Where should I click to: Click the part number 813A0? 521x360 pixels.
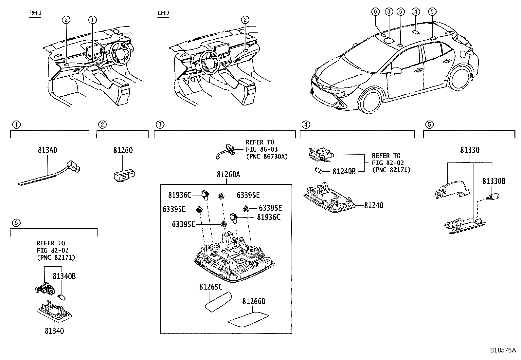click(47, 150)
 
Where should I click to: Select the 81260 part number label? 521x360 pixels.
click(123, 150)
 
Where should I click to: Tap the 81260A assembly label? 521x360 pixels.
click(228, 175)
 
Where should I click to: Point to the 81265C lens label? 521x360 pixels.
click(211, 287)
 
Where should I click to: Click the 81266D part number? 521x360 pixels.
click(254, 301)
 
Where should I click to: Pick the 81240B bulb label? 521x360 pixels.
click(344, 171)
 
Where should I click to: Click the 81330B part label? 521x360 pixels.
click(494, 181)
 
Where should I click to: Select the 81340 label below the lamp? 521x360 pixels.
click(54, 331)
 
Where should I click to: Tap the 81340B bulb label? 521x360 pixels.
click(64, 276)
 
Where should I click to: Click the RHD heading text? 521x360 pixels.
click(35, 13)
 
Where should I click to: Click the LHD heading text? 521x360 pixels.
click(163, 13)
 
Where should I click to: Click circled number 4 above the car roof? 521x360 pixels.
click(415, 12)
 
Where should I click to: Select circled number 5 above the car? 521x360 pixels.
click(432, 12)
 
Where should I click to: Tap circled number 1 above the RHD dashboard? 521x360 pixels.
click(93, 20)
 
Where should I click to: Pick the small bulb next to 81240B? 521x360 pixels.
click(318, 170)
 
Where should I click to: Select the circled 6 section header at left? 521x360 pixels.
click(16, 223)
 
